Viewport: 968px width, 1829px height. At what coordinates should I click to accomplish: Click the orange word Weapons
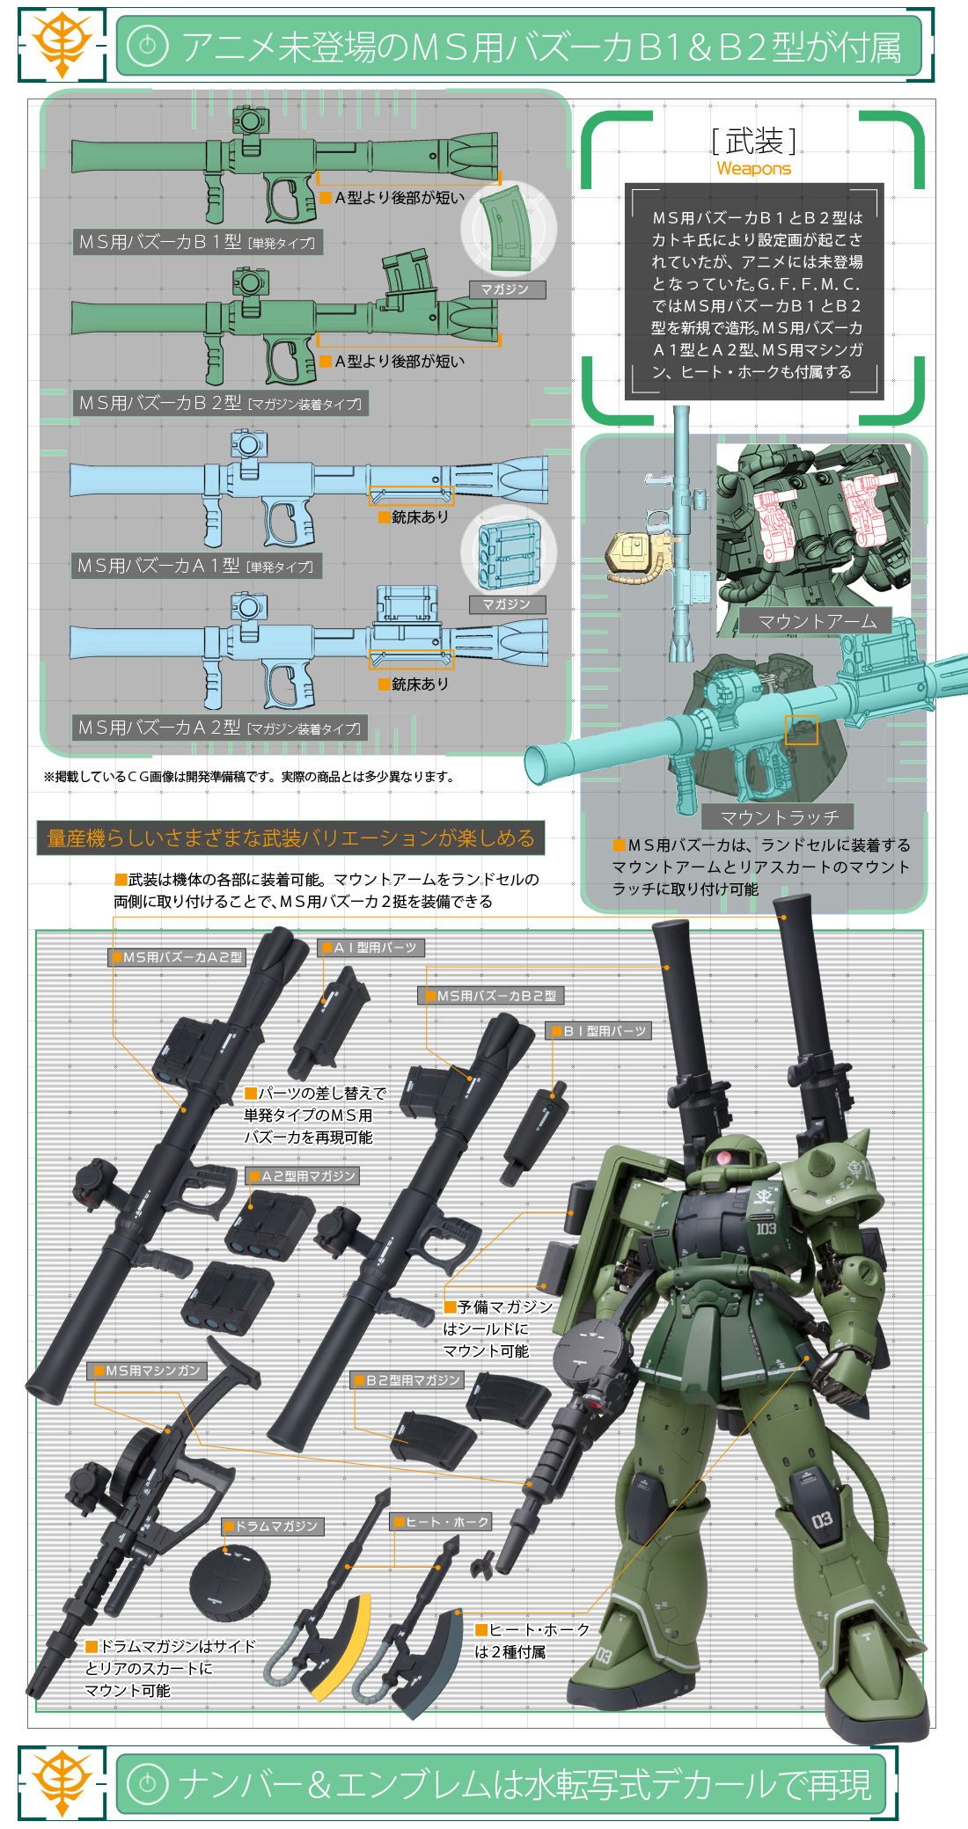coord(754,168)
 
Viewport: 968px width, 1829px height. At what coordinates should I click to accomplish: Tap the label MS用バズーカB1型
coord(197,242)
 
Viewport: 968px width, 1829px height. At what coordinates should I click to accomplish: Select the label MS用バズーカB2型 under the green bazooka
coord(220,403)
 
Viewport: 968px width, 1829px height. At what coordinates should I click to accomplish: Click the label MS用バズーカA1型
coord(195,566)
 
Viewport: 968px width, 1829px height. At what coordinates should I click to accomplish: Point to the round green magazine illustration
coord(508,229)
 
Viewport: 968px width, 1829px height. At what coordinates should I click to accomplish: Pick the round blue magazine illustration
coord(508,551)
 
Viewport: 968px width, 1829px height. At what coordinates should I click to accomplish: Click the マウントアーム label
coord(817,621)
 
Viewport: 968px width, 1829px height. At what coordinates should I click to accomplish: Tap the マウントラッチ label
coord(779,817)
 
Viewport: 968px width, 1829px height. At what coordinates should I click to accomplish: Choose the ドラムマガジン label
coord(274,1525)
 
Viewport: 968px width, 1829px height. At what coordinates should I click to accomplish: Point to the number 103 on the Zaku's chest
coord(766,1228)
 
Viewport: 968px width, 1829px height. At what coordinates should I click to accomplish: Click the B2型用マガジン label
coord(407,1380)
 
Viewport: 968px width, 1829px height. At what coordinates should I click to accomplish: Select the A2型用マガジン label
coord(304,1175)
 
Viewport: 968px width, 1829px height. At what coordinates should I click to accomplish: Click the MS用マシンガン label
coord(150,1371)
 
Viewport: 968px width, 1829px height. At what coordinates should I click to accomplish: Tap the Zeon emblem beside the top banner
coord(62,44)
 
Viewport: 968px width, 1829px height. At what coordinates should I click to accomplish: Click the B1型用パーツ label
coord(599,1030)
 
